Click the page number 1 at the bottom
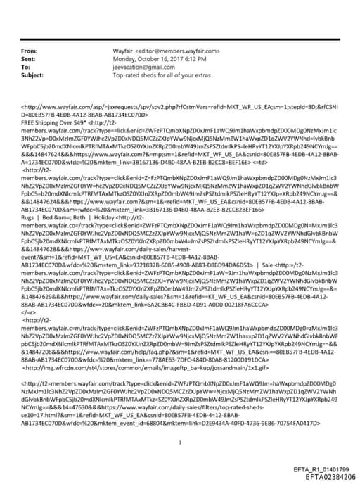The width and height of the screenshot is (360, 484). point(181,423)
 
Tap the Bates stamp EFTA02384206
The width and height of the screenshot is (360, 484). point(326,476)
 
